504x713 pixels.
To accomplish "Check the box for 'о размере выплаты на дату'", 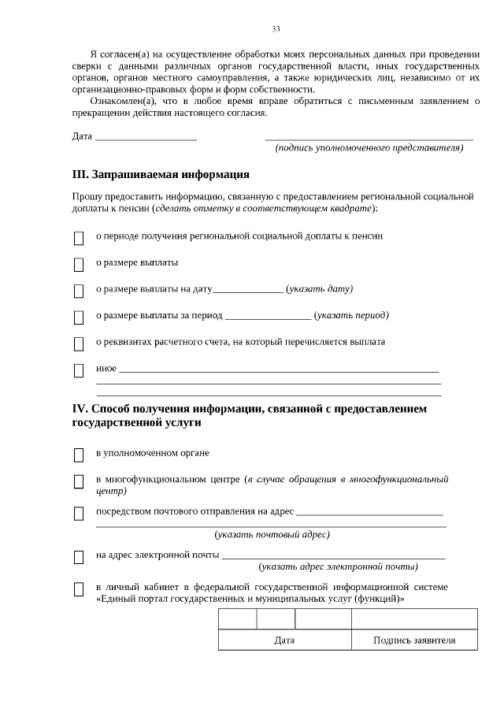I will click(x=79, y=292).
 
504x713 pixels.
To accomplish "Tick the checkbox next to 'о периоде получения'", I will click(x=79, y=238).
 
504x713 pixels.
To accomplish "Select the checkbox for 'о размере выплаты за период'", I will click(x=79, y=318).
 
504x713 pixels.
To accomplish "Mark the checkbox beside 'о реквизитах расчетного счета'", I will click(x=79, y=344).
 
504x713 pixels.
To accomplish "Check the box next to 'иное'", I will click(x=79, y=371).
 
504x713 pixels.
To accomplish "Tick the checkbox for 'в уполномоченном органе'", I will click(x=79, y=455).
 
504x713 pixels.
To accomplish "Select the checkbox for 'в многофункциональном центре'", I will click(x=79, y=482).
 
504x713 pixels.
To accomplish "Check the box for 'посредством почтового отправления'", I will click(x=79, y=514).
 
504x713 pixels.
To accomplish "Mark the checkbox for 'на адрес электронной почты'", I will click(x=79, y=557).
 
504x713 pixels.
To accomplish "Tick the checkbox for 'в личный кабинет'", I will click(x=79, y=589).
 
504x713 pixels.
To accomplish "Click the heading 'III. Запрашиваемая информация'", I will click(x=161, y=174).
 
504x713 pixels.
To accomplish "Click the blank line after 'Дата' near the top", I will click(x=146, y=136).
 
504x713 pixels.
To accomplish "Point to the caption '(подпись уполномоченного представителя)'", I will click(x=369, y=148).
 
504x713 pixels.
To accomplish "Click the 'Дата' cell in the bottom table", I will click(x=284, y=641).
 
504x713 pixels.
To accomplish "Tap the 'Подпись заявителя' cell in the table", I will click(x=414, y=641).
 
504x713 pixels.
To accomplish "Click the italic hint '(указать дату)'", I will click(x=320, y=289).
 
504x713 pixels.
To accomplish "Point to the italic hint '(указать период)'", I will click(x=351, y=316).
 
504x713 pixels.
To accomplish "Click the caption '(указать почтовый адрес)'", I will click(x=272, y=535).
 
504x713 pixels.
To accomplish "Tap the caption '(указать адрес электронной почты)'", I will click(x=338, y=566).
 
